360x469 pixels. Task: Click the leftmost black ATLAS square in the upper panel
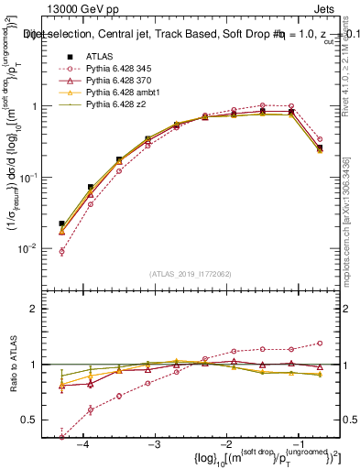click(61, 224)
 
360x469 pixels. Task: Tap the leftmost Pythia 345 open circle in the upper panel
click(61, 251)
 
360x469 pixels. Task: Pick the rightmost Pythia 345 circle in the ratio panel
click(320, 344)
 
